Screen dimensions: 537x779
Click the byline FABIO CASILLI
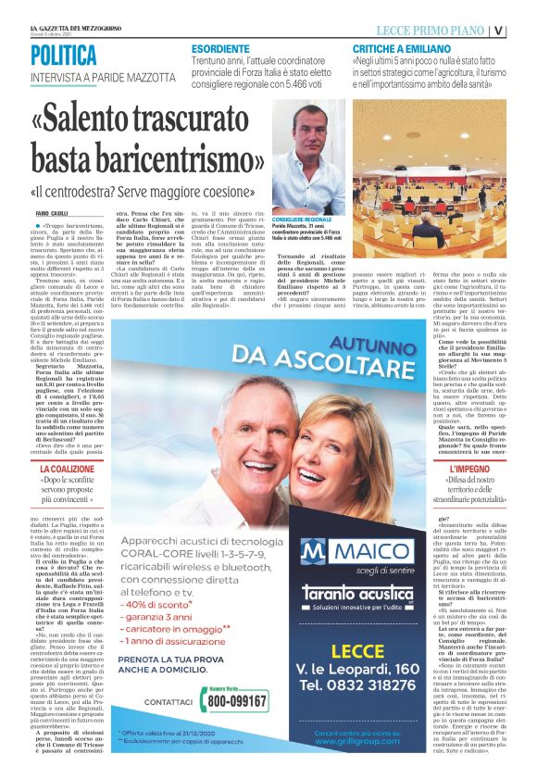pos(51,215)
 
